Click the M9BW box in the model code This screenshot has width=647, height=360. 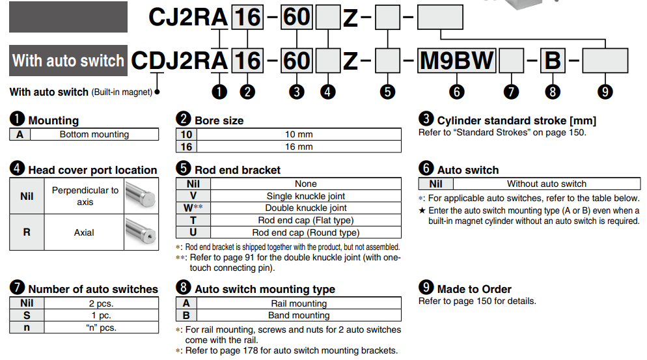(x=457, y=61)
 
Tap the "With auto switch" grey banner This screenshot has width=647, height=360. (x=68, y=61)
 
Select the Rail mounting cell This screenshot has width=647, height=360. (x=299, y=303)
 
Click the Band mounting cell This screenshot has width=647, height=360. (x=299, y=315)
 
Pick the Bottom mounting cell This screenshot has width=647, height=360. (x=94, y=135)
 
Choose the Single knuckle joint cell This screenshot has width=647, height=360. (x=305, y=196)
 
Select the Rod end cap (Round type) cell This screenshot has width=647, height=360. (x=305, y=232)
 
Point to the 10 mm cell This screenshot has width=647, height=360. (x=299, y=135)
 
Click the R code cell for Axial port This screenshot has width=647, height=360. (x=27, y=232)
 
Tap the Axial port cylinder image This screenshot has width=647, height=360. (x=141, y=232)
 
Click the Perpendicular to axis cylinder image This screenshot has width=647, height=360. (x=141, y=196)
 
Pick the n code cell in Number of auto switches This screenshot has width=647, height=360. (x=27, y=327)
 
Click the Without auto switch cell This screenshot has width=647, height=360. (x=546, y=184)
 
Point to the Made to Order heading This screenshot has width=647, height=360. (x=474, y=289)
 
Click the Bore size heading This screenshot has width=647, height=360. (x=219, y=120)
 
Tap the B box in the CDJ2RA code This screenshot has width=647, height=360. (x=552, y=61)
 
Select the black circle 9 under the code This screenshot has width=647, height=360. (x=605, y=92)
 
